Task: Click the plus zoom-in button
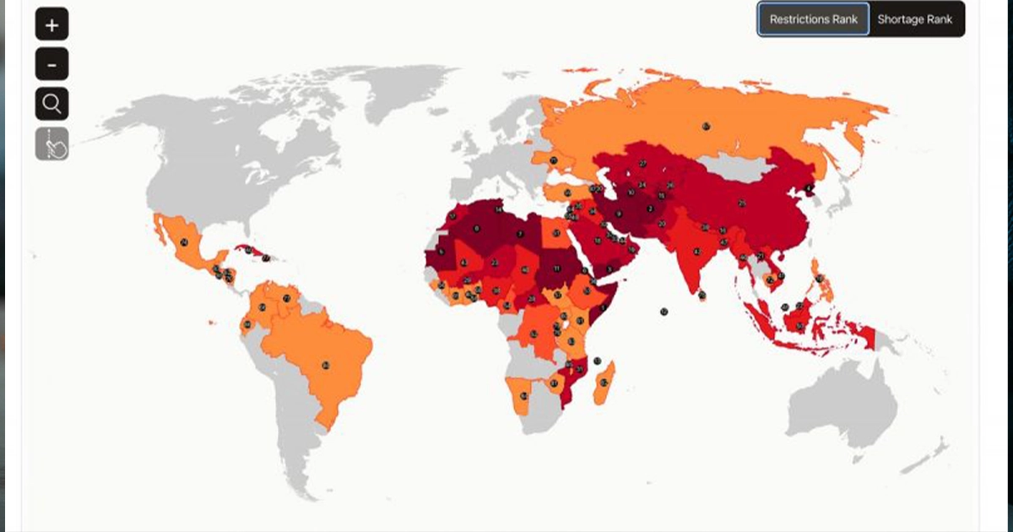pyautogui.click(x=51, y=24)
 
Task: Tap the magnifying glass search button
pyautogui.click(x=51, y=104)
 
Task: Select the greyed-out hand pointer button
pyautogui.click(x=51, y=144)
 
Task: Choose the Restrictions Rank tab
pyautogui.click(x=813, y=19)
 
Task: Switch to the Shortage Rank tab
pyautogui.click(x=915, y=19)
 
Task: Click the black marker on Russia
pyautogui.click(x=706, y=127)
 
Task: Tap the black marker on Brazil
pyautogui.click(x=325, y=365)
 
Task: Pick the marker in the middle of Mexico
pyautogui.click(x=184, y=242)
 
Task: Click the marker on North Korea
pyautogui.click(x=809, y=188)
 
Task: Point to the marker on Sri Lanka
pyautogui.click(x=702, y=295)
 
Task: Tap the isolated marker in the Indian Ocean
pyautogui.click(x=664, y=312)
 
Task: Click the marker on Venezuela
pyautogui.click(x=286, y=298)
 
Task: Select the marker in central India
pyautogui.click(x=696, y=251)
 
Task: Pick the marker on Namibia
pyautogui.click(x=524, y=395)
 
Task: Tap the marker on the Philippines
pyautogui.click(x=819, y=278)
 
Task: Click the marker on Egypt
pyautogui.click(x=557, y=234)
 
